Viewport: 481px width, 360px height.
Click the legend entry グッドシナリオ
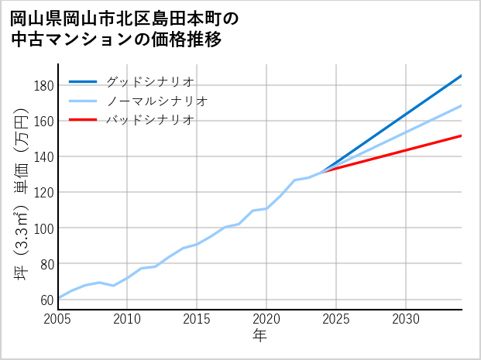(x=149, y=81)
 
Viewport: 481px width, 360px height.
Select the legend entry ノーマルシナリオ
(x=156, y=101)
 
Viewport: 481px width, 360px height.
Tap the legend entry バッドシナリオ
(x=149, y=120)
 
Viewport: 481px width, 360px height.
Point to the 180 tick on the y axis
(x=43, y=85)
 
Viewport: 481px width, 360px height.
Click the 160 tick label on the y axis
(x=43, y=121)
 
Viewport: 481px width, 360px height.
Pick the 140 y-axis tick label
(x=43, y=156)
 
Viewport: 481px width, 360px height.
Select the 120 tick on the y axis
(x=43, y=192)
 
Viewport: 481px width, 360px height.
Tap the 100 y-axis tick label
(x=43, y=228)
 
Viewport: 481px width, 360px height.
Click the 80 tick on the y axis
(x=46, y=264)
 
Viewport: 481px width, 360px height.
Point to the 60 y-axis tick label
(x=46, y=300)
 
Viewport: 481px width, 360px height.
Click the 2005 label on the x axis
(x=58, y=319)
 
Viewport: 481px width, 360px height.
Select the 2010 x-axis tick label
(x=127, y=319)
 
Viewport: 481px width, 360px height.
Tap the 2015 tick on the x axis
(x=197, y=319)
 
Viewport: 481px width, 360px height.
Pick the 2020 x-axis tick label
(x=266, y=319)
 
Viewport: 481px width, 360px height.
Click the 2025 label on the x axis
(x=336, y=319)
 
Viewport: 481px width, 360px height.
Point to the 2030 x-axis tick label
(x=406, y=319)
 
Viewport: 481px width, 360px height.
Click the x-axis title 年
(x=260, y=336)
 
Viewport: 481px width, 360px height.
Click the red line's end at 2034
(x=461, y=135)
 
